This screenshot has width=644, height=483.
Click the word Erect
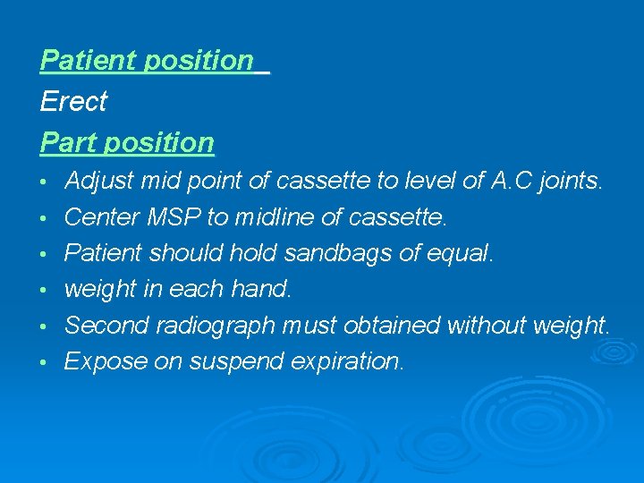click(x=73, y=102)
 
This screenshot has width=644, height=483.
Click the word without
click(x=487, y=326)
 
